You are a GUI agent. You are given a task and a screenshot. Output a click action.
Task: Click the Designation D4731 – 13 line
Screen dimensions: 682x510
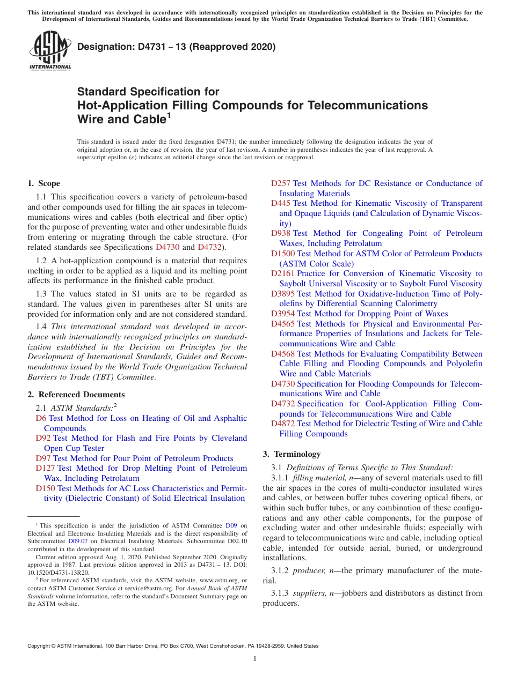176,47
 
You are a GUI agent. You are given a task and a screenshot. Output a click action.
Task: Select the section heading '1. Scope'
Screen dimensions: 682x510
43,183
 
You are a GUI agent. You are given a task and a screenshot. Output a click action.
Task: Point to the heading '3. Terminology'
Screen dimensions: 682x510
292,454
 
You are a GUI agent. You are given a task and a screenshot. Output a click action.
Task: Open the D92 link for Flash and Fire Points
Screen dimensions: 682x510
43,438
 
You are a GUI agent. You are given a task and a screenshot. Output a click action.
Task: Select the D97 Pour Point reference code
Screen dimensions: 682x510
43,458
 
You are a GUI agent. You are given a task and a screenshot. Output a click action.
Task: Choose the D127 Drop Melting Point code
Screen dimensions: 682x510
45,468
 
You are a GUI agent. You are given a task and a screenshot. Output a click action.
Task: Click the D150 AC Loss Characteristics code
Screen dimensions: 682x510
45,488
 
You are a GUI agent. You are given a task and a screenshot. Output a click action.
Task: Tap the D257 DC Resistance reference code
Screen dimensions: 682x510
280,183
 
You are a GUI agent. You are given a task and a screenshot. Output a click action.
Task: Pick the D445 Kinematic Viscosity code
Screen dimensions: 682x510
280,203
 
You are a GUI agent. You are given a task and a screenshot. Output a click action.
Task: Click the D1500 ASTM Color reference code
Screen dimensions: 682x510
282,254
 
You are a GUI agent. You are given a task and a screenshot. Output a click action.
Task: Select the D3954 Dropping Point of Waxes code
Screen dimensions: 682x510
282,314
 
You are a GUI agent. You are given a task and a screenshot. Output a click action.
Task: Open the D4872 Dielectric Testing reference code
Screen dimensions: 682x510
282,424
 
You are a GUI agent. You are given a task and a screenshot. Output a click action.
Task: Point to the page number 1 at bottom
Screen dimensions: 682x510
255,658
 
